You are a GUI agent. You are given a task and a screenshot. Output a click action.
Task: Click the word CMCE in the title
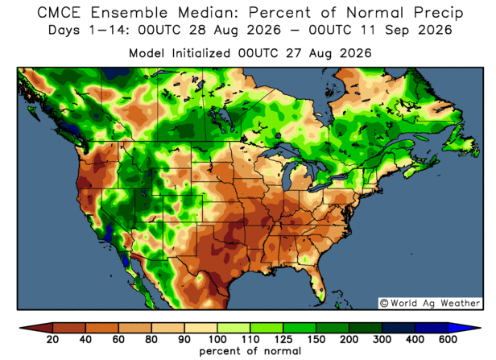click(x=59, y=13)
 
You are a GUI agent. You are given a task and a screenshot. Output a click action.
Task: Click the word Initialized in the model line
click(x=200, y=53)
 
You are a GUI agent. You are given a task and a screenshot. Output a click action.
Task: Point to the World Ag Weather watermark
click(x=430, y=303)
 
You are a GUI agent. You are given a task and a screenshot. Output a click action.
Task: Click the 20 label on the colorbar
click(x=52, y=339)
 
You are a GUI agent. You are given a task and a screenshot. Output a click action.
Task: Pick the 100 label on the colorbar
click(x=217, y=339)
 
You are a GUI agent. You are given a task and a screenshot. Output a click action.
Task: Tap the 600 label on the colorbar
click(x=448, y=339)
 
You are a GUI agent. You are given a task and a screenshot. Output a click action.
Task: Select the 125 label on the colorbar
click(x=283, y=339)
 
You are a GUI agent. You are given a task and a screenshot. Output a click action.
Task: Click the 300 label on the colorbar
click(x=382, y=339)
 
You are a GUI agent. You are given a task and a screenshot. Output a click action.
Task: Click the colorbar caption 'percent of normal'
click(x=250, y=351)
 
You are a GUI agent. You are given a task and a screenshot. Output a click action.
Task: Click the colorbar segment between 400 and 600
click(x=432, y=328)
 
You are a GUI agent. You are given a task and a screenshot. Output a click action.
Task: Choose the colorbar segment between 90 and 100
click(x=200, y=328)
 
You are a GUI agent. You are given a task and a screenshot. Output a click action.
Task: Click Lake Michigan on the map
click(x=287, y=176)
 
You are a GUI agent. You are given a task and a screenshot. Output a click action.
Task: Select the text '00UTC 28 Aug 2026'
click(x=209, y=30)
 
